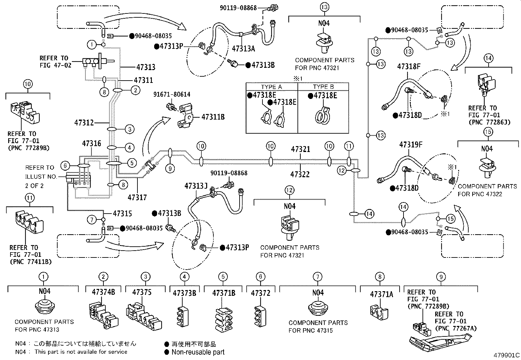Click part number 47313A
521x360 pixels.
(243, 49)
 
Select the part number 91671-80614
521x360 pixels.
(172, 95)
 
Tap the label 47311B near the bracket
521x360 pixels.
(213, 117)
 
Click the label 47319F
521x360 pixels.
(410, 144)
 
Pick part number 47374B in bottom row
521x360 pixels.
(103, 292)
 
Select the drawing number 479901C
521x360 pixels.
(507, 355)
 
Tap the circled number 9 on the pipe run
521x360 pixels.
(170, 168)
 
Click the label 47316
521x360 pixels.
(91, 143)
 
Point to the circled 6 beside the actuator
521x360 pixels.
(65, 166)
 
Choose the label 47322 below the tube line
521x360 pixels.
(300, 175)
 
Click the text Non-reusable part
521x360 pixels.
(198, 352)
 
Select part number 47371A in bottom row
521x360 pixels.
(381, 294)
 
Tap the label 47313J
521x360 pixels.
(196, 186)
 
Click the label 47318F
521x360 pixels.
(409, 66)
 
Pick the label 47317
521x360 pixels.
(137, 198)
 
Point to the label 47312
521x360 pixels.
(84, 123)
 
